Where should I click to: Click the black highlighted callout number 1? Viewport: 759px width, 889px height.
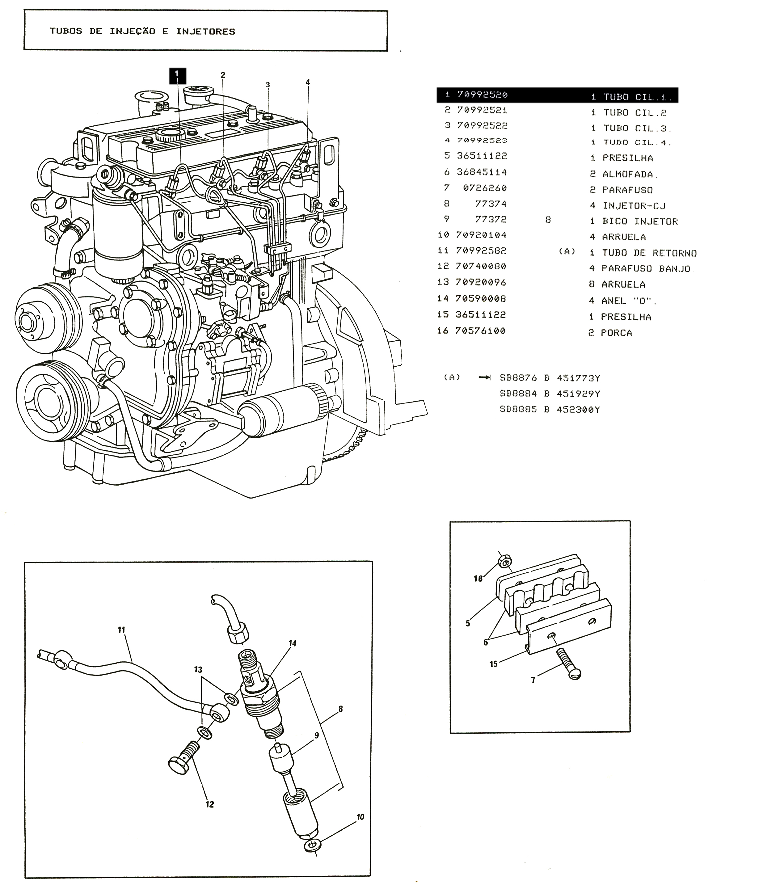177,76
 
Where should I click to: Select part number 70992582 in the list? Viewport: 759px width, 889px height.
482,251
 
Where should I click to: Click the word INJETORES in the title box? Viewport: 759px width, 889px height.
205,31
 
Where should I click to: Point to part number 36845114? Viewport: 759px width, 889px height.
482,172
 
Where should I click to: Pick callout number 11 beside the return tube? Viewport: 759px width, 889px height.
121,630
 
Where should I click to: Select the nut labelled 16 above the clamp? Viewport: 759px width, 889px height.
504,561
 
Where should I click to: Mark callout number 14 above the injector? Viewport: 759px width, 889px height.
292,643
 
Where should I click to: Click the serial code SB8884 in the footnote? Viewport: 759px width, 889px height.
518,394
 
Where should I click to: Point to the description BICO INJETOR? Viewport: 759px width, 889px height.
640,221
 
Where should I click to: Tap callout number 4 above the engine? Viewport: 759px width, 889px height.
308,82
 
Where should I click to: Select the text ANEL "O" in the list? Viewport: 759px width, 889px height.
629,301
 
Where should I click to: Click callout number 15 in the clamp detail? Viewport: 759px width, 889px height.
493,664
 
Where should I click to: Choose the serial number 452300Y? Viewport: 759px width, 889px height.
578,410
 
